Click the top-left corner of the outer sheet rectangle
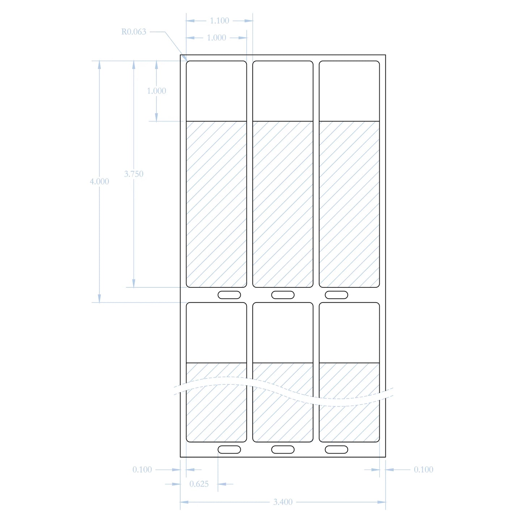click(181, 55)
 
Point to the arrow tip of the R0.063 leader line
click(187, 61)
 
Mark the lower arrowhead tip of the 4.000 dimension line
click(99, 302)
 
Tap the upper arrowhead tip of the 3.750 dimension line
click(134, 61)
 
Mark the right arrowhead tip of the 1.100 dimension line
click(253, 21)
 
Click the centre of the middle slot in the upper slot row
click(283, 295)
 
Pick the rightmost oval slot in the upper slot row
click(336, 295)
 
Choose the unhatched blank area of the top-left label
click(216, 91)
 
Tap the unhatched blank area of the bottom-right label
click(349, 333)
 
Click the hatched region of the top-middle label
click(283, 204)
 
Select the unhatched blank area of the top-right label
click(349, 91)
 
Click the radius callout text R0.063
click(134, 32)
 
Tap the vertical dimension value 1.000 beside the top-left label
click(156, 91)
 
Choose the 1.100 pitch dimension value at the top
click(219, 21)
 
